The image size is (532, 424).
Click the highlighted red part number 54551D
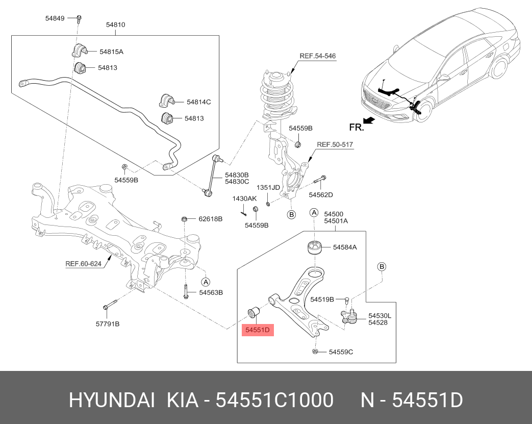pyautogui.click(x=258, y=330)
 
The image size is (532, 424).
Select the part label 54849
pyautogui.click(x=55, y=18)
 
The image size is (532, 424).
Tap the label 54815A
pyautogui.click(x=111, y=52)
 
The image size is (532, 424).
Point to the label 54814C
pyautogui.click(x=198, y=102)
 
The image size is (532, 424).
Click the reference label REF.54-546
pyautogui.click(x=317, y=56)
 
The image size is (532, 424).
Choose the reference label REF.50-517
pyautogui.click(x=335, y=145)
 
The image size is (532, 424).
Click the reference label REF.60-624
pyautogui.click(x=83, y=264)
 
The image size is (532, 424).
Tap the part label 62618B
pyautogui.click(x=210, y=219)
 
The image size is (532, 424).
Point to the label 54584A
pyautogui.click(x=345, y=247)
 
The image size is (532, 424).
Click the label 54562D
pyautogui.click(x=321, y=195)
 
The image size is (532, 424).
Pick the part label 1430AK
pyautogui.click(x=245, y=198)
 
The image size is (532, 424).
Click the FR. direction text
pyautogui.click(x=357, y=128)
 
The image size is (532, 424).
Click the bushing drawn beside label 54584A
pyautogui.click(x=315, y=247)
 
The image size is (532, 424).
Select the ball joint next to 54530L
pyautogui.click(x=350, y=318)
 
